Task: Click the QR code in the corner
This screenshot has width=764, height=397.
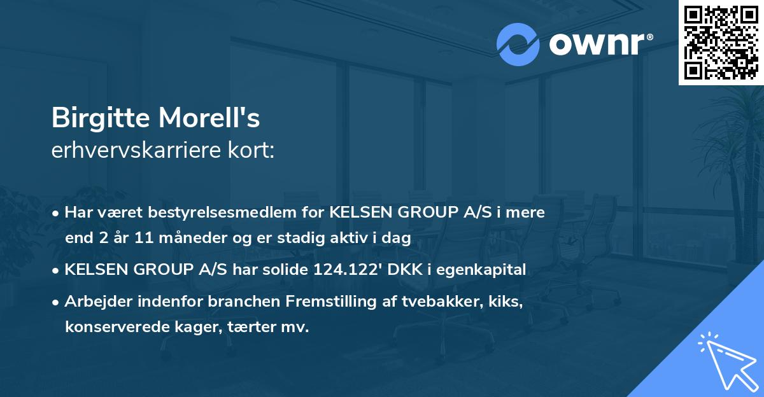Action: (x=721, y=42)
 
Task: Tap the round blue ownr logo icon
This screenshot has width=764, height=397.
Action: (x=518, y=45)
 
